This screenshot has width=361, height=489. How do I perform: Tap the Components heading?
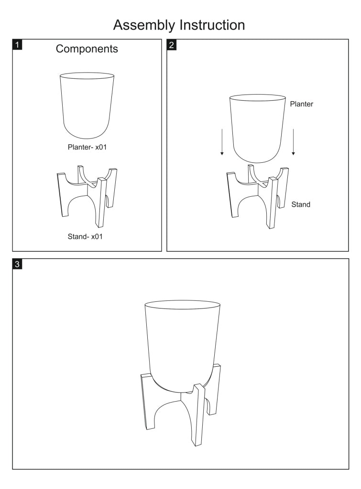[87, 49]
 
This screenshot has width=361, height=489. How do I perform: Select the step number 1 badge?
[17, 44]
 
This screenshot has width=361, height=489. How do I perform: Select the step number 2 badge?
[172, 44]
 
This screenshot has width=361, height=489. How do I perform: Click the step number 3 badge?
[17, 264]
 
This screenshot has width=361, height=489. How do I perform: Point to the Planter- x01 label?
[87, 147]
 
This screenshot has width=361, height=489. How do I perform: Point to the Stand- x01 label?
[85, 236]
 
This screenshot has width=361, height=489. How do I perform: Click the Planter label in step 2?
[301, 104]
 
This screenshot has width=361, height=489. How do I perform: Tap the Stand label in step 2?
[301, 204]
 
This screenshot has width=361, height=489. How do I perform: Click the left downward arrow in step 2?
[222, 142]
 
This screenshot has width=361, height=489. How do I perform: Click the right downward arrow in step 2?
[293, 142]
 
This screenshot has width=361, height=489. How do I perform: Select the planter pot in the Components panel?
[87, 106]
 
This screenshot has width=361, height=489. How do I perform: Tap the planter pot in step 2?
[258, 128]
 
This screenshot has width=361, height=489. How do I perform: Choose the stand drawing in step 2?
[257, 197]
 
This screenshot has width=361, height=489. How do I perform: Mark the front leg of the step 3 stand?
[198, 415]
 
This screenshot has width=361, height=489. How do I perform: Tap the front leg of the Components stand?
[101, 202]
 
